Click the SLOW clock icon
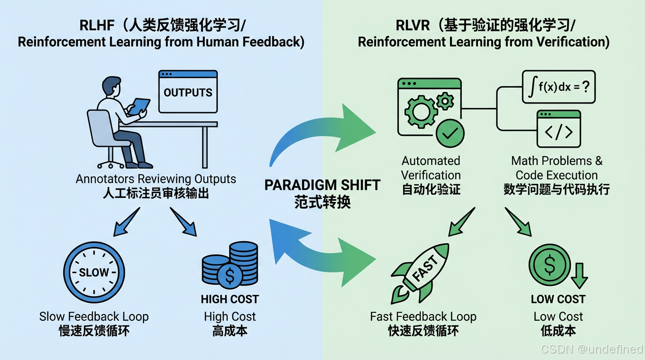tap(94, 272)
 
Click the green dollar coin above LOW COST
tap(549, 265)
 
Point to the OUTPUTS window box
tap(188, 91)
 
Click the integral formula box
tap(558, 87)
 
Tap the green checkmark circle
tap(450, 133)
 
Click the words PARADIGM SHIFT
tap(322, 185)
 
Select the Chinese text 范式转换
tap(322, 202)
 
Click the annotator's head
tap(111, 87)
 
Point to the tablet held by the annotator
tap(140, 106)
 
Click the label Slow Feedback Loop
tap(94, 316)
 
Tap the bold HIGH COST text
tap(230, 299)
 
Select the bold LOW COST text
tap(558, 299)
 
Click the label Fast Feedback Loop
tap(423, 316)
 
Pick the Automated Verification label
tap(431, 168)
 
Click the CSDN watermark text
tap(592, 349)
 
